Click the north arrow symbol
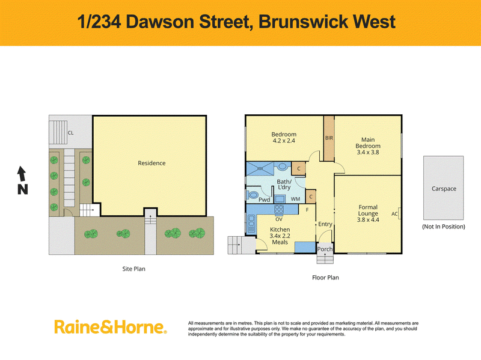pos(22,174)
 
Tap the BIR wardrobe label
pos(329,138)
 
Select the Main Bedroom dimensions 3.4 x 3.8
pos(368,152)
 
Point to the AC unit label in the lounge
pos(394,214)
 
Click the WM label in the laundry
pos(295,199)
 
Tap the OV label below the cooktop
pos(279,219)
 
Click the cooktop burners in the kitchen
pos(279,210)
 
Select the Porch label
pos(325,249)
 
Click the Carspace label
pos(444,189)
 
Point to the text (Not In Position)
pos(444,227)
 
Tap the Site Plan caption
pos(133,269)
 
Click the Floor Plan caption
pos(325,278)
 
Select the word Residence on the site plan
pos(152,163)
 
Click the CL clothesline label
pos(70,133)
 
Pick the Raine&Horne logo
pos(111,327)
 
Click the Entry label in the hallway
pos(325,224)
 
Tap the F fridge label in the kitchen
pos(307,210)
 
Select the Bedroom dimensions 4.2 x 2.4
pos(284,141)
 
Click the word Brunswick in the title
pos(303,22)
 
